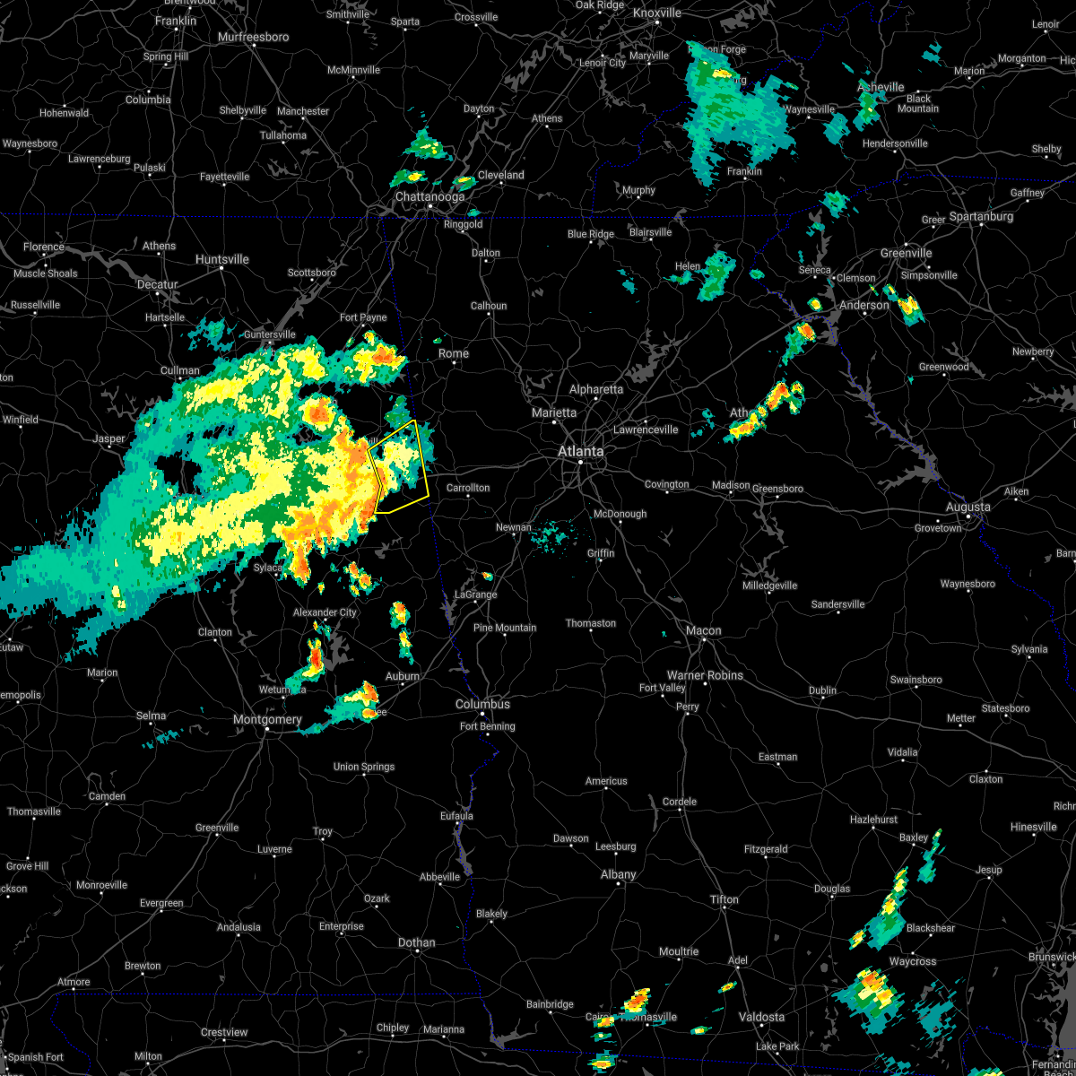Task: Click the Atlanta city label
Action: click(581, 451)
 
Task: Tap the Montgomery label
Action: click(267, 719)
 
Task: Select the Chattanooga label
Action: click(430, 197)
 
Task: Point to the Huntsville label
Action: click(221, 259)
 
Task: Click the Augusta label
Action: click(968, 508)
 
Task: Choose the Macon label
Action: click(703, 630)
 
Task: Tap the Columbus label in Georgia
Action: click(482, 705)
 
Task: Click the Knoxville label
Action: click(656, 13)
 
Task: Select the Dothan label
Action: click(416, 942)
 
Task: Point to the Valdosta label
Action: click(760, 1017)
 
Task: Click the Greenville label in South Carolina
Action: click(906, 253)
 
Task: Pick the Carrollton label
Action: click(468, 488)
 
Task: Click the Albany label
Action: click(618, 874)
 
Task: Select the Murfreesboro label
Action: click(253, 38)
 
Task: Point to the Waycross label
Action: click(913, 961)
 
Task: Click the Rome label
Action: click(454, 353)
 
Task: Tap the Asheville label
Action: click(881, 87)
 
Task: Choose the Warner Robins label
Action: click(705, 675)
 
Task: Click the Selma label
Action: click(151, 716)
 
